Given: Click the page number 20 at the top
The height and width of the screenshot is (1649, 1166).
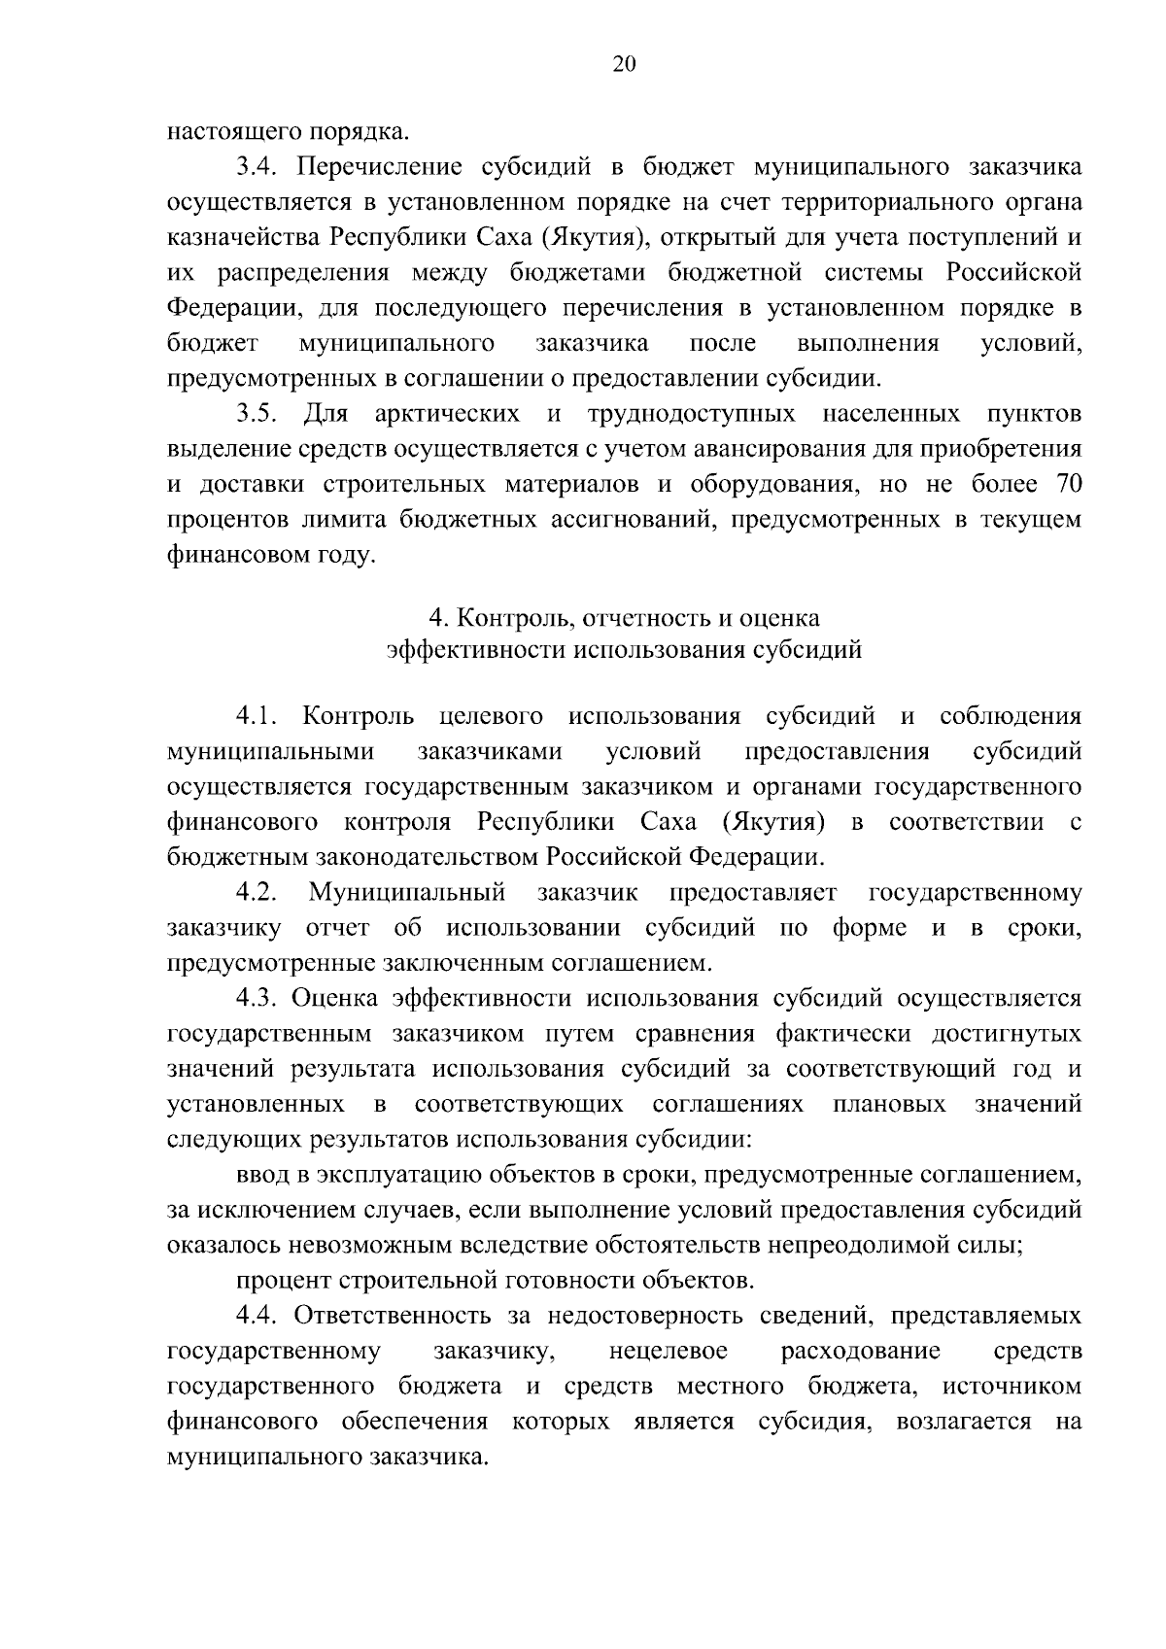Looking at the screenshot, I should [x=623, y=64].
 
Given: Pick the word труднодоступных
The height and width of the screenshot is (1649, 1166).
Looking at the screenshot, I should [x=691, y=415].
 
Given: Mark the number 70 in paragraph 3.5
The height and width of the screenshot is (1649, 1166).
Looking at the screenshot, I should [x=1061, y=485].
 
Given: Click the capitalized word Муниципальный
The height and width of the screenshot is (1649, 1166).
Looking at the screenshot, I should [x=407, y=893].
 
